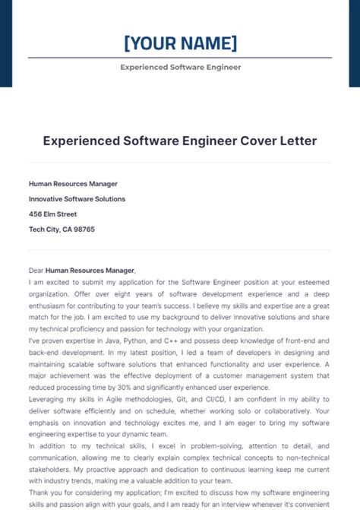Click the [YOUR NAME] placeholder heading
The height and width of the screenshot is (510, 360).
pyautogui.click(x=180, y=43)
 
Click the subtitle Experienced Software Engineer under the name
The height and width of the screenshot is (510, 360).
pyautogui.click(x=180, y=67)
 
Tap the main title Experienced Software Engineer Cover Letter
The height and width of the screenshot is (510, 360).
pyautogui.click(x=180, y=141)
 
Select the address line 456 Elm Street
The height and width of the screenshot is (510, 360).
pyautogui.click(x=53, y=214)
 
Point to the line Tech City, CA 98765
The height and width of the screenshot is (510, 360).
pyautogui.click(x=62, y=229)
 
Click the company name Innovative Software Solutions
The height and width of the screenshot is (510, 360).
pyautogui.click(x=77, y=199)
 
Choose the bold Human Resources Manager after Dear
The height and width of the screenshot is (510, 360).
pyautogui.click(x=90, y=270)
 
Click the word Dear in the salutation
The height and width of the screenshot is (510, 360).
pyautogui.click(x=36, y=270)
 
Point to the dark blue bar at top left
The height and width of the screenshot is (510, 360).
pyautogui.click(x=6, y=43)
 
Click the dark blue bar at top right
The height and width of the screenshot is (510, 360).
pyautogui.click(x=354, y=43)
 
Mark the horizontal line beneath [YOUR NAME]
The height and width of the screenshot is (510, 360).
pyautogui.click(x=180, y=57)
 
